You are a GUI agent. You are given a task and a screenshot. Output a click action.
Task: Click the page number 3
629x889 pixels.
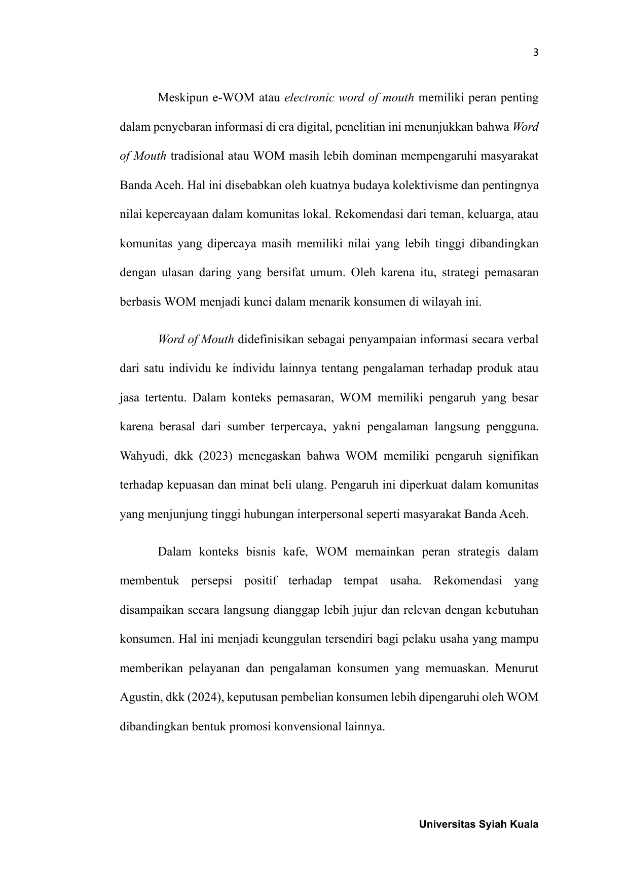(x=536, y=52)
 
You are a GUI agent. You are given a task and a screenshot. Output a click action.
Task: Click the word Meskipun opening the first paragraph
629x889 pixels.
(x=180, y=97)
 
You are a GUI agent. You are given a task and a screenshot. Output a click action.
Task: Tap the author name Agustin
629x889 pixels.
(x=140, y=697)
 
